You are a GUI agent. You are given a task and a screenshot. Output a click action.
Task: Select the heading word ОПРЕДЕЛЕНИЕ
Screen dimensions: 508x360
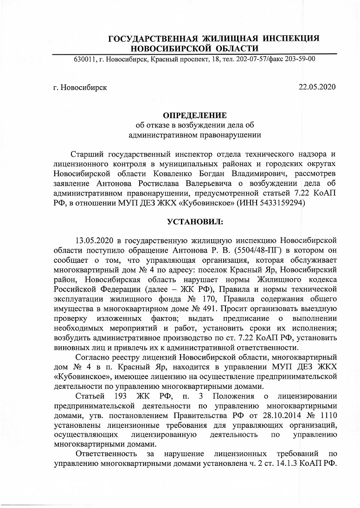pos(194,115)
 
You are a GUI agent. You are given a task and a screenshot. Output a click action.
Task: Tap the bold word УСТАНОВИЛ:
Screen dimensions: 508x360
pos(194,222)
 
